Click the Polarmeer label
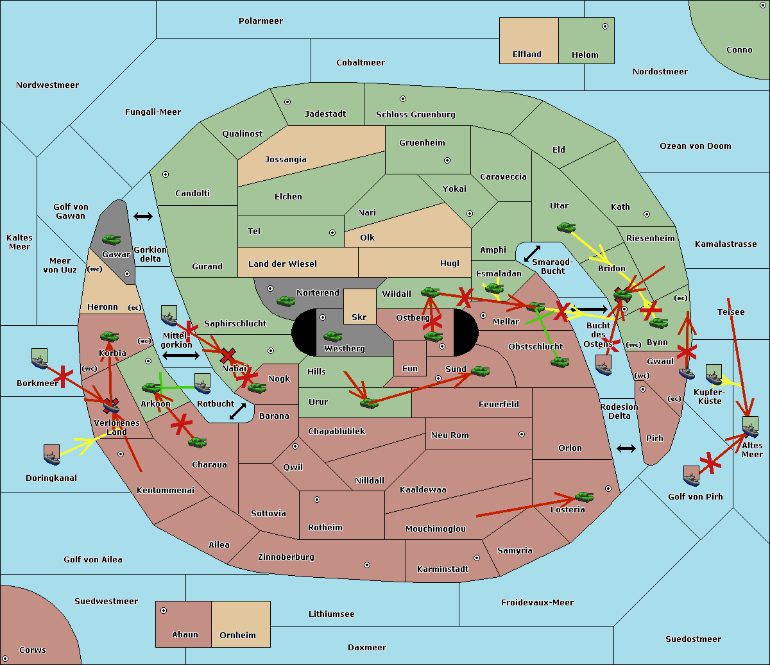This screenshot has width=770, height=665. (261, 21)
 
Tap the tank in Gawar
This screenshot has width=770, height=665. (112, 239)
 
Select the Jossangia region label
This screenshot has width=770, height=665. (286, 160)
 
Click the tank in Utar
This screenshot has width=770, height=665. (566, 227)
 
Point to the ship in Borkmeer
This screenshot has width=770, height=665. (40, 358)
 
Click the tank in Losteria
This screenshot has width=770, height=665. (584, 496)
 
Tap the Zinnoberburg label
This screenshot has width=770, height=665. (286, 557)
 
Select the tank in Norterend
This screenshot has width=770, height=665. (286, 301)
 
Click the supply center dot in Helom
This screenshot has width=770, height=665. (605, 26)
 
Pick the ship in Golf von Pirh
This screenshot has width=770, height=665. (692, 476)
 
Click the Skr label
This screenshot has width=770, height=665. (359, 317)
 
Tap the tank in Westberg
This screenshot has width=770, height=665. (332, 337)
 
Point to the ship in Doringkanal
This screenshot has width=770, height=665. (51, 455)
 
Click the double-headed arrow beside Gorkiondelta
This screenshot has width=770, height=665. (143, 216)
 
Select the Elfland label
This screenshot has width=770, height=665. (527, 55)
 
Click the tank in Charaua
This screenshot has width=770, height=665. (197, 442)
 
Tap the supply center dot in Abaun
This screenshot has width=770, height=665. (164, 610)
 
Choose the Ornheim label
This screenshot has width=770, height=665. (237, 635)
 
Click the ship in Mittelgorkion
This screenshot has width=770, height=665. (169, 316)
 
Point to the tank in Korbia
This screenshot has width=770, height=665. (110, 337)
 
